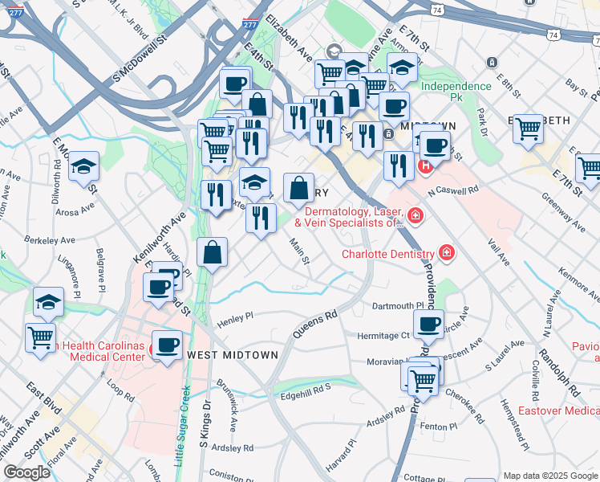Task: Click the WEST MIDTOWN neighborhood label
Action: click(232, 354)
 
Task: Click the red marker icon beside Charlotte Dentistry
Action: click(446, 254)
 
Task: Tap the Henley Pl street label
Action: click(233, 317)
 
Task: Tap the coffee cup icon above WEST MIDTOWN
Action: click(168, 345)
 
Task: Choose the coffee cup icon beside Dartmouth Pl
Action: click(428, 323)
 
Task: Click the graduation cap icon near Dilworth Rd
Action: click(83, 166)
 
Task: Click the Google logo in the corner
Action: click(26, 472)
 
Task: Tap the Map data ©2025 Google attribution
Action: click(549, 476)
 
